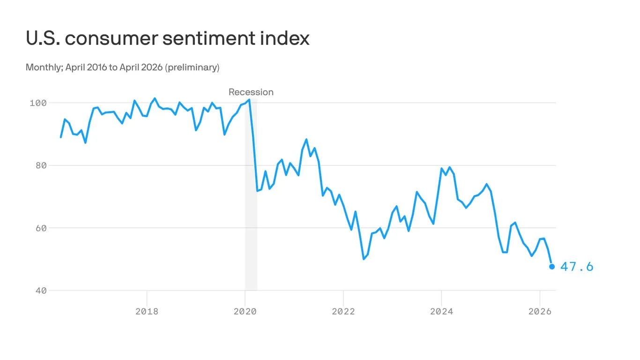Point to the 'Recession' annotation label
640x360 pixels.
(x=251, y=92)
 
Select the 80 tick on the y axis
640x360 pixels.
(x=41, y=165)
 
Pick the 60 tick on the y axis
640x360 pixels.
(x=41, y=228)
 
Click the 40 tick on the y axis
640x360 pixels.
(x=41, y=291)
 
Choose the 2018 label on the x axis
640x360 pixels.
(x=147, y=312)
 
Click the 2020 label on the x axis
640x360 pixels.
(x=245, y=312)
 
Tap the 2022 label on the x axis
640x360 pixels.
(x=343, y=312)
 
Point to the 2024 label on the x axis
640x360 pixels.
(x=441, y=312)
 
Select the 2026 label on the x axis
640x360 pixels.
(x=540, y=312)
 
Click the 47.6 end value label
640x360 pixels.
(x=577, y=267)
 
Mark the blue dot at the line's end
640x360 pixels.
(x=552, y=267)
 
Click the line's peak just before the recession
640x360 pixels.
(x=249, y=99)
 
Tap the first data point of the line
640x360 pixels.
(x=61, y=137)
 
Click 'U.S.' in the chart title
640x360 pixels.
(x=43, y=38)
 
